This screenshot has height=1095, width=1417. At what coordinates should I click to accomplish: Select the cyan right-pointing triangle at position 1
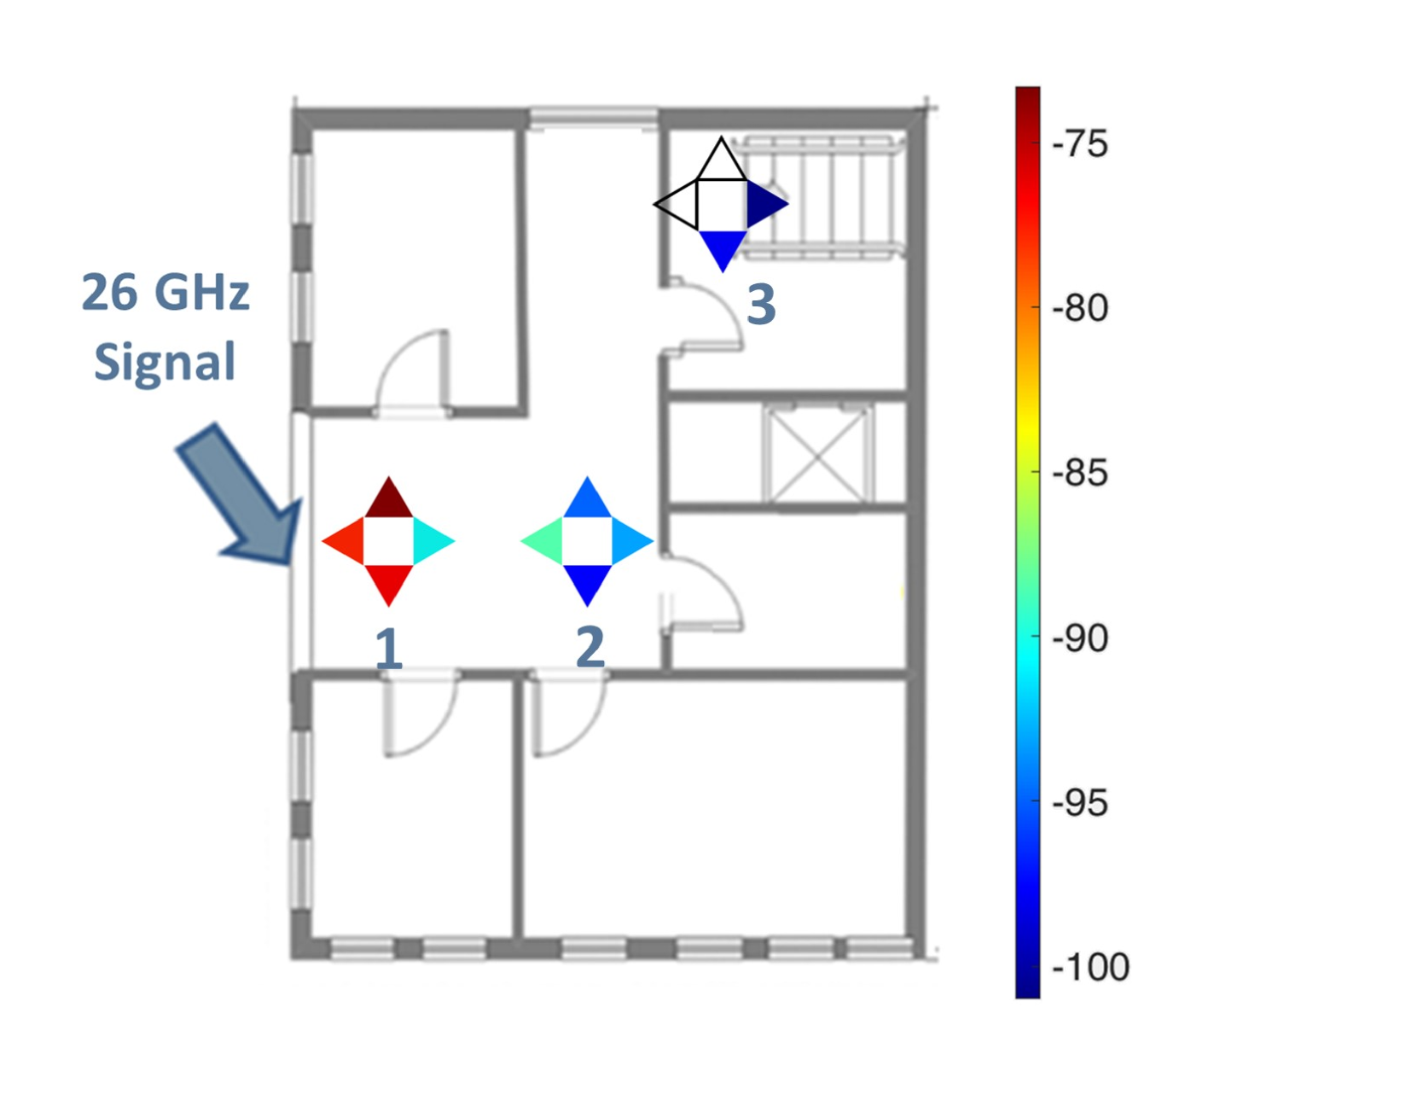point(431,540)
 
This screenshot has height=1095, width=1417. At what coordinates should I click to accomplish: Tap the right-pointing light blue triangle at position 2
point(629,540)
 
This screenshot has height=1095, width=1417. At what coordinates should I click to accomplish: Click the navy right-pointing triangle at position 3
point(764,204)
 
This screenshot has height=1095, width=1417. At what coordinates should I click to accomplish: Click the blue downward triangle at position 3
point(722,247)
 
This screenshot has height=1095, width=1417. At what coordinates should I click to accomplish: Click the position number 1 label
point(389,649)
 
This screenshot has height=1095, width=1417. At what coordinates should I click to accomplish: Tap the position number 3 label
point(761,304)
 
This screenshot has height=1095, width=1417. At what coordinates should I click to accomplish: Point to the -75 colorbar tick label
point(1079,144)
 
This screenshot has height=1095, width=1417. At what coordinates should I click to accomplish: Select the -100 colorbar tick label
point(1090,967)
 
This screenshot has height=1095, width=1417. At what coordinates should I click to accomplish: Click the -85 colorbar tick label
point(1079,473)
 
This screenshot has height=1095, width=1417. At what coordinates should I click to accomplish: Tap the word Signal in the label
point(165,362)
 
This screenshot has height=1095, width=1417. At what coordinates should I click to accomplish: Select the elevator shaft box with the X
point(818,455)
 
